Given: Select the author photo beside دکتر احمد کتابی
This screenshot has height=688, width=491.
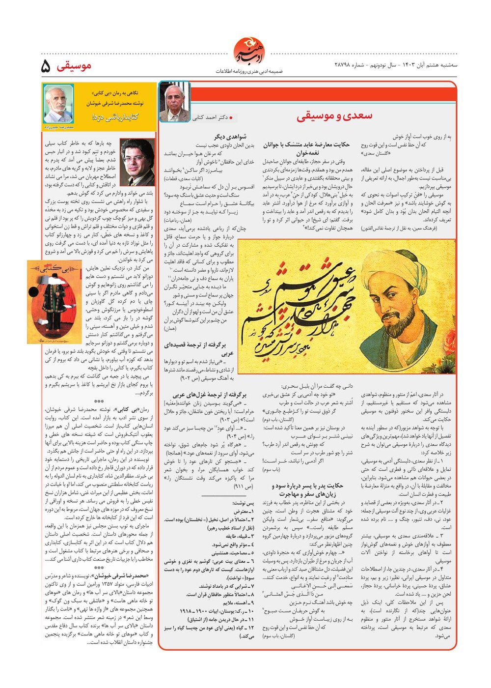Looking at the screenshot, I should (x=174, y=102).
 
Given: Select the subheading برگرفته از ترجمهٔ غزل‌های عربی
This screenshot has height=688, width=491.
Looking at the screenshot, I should (x=210, y=395).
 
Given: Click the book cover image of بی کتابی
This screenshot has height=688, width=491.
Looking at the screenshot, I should (x=55, y=302).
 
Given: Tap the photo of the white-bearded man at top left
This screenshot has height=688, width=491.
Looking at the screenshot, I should (x=58, y=104).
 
